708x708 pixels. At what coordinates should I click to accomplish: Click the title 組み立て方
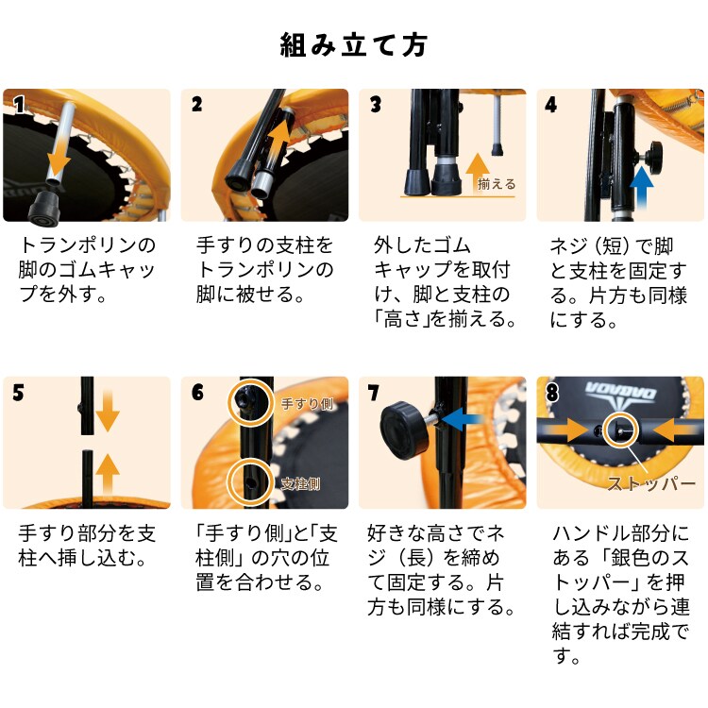click(x=354, y=45)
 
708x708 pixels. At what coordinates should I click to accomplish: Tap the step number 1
click(x=19, y=104)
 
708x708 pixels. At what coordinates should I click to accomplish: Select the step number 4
click(x=550, y=105)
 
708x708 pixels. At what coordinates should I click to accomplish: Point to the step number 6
click(x=197, y=392)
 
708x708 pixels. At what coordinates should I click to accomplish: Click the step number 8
click(x=552, y=392)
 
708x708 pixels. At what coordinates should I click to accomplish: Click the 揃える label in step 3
click(x=497, y=184)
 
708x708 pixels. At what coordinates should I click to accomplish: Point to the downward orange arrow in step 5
click(x=108, y=412)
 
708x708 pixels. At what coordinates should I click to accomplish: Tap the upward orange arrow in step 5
click(x=108, y=474)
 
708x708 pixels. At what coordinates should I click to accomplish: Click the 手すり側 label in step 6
click(x=307, y=403)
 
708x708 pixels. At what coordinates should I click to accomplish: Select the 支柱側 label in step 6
click(x=300, y=483)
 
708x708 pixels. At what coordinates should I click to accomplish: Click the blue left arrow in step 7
click(x=462, y=418)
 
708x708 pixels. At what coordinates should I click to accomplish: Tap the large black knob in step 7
click(x=404, y=431)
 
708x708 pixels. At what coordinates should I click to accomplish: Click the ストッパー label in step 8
click(x=651, y=483)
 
